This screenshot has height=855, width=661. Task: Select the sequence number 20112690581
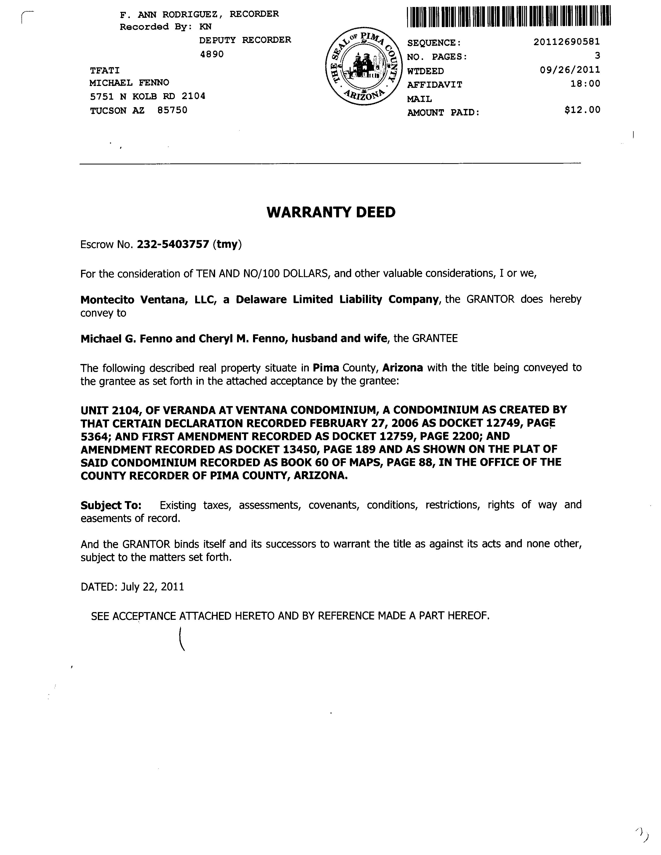[x=566, y=42]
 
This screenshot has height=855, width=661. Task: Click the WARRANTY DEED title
[x=331, y=212]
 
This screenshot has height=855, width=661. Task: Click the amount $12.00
[x=582, y=110]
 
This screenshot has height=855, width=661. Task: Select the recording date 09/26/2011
[x=570, y=70]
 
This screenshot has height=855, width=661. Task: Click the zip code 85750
[x=172, y=110]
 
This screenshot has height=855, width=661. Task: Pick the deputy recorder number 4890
[x=212, y=54]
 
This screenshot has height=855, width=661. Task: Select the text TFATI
[x=105, y=70]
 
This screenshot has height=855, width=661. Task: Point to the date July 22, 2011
[x=152, y=587]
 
